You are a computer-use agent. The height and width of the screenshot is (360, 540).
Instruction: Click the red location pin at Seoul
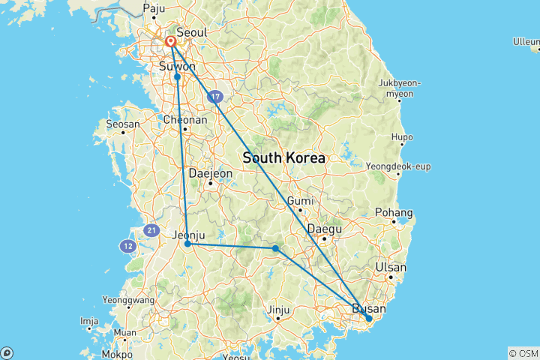(171, 41)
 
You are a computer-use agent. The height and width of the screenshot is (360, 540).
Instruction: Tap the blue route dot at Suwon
(178, 76)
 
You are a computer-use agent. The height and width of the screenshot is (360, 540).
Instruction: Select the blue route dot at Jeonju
(187, 244)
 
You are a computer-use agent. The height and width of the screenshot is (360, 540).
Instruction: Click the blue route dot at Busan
(368, 319)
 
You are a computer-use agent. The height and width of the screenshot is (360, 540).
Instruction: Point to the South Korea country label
(284, 158)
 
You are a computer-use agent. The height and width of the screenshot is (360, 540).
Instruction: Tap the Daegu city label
(325, 229)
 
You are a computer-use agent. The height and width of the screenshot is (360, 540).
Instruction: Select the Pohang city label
(396, 212)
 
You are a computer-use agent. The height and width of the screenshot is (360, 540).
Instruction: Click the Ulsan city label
(391, 267)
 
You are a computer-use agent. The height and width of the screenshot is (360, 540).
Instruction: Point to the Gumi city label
(300, 201)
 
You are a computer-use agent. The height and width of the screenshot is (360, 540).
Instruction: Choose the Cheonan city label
(184, 119)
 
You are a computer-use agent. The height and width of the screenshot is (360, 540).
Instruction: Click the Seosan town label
(124, 124)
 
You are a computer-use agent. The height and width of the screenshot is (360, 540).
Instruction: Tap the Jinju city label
(278, 309)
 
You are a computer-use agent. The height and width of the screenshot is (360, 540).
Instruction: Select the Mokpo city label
(117, 352)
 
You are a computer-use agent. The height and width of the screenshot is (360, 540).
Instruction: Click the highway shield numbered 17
(216, 96)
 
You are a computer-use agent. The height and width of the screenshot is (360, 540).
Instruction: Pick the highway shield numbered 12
(127, 245)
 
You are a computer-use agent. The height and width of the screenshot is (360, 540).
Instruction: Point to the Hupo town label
(403, 137)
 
